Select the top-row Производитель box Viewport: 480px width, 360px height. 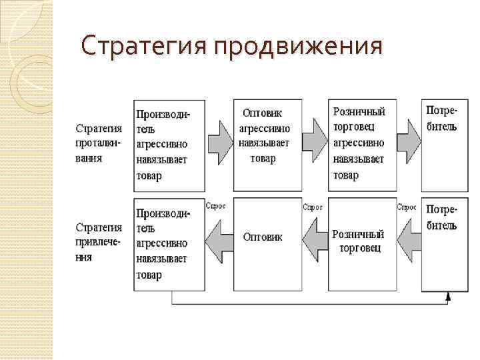(x=169, y=145)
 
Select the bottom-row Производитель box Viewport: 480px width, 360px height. (x=169, y=243)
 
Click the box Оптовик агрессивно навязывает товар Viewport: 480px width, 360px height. (x=266, y=145)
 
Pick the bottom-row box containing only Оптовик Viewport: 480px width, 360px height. (x=266, y=243)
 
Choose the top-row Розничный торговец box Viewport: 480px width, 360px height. (x=361, y=145)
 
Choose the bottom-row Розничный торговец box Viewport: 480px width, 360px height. (x=361, y=243)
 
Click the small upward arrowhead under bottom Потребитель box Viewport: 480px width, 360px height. (x=449, y=295)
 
